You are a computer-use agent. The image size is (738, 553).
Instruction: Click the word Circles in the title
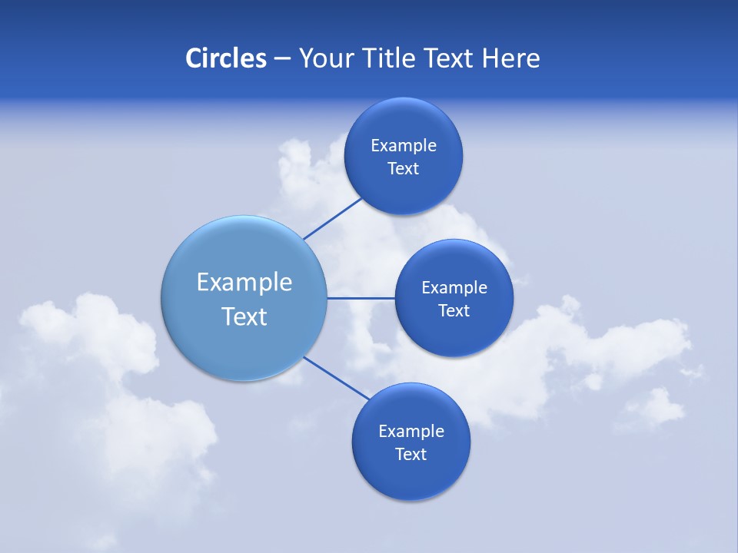click(x=225, y=58)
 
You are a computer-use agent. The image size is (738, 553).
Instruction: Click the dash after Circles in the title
click(x=282, y=59)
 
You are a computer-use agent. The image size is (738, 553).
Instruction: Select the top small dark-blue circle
click(x=404, y=123)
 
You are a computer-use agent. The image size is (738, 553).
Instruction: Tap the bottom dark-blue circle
click(x=411, y=476)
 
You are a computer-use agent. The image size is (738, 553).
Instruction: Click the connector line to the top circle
click(x=333, y=218)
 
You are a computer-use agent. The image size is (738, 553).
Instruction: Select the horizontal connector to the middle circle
click(x=361, y=297)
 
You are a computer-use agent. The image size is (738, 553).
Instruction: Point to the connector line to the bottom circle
click(x=337, y=379)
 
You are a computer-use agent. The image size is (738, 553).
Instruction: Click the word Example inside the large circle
click(x=244, y=283)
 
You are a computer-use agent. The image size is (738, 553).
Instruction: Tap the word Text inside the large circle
click(x=244, y=316)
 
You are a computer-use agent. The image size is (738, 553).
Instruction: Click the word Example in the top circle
click(x=404, y=146)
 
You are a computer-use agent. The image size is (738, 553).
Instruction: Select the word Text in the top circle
click(x=404, y=169)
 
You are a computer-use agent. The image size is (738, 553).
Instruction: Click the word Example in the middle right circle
click(x=454, y=288)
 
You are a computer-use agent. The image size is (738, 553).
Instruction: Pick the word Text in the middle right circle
click(x=454, y=311)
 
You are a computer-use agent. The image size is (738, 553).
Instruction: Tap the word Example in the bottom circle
click(x=411, y=432)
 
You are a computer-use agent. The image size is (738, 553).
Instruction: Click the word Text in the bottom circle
click(x=411, y=455)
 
